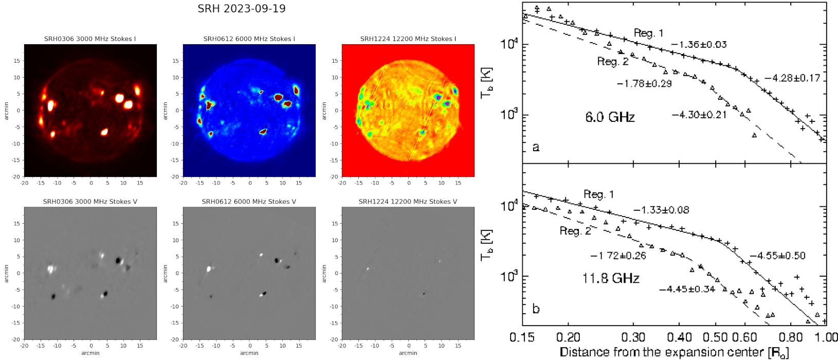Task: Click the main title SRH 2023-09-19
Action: (241, 9)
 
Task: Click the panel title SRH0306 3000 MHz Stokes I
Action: (90, 39)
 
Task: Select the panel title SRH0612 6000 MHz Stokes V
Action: (249, 202)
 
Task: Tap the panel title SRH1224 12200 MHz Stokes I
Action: (408, 39)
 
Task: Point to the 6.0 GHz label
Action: (610, 117)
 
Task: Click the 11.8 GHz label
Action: (611, 278)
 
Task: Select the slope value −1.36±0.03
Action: (699, 45)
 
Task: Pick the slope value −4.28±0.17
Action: (792, 79)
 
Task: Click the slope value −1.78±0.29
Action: (644, 84)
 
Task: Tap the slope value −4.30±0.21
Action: (699, 115)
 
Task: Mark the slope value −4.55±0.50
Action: (777, 256)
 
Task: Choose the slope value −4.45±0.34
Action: (687, 289)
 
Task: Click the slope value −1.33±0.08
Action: (661, 210)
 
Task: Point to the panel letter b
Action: (536, 309)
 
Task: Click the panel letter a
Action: (536, 147)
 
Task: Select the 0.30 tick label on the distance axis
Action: (633, 337)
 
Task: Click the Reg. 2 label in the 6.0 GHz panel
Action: (613, 61)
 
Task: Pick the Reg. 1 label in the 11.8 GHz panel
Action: (598, 194)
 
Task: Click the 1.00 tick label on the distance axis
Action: (827, 337)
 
